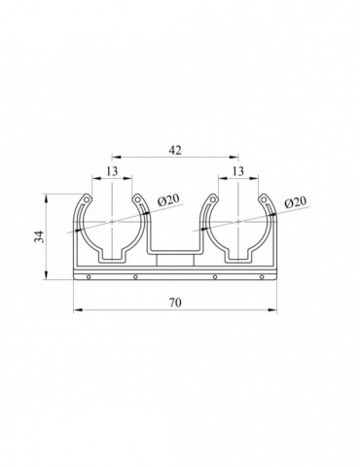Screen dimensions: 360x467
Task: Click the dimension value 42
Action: [x=175, y=150]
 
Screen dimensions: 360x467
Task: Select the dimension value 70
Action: [x=175, y=303]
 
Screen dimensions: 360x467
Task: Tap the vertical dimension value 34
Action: [x=39, y=236]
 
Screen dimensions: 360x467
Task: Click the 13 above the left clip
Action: [x=112, y=171]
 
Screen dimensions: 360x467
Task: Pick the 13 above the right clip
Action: [x=238, y=171]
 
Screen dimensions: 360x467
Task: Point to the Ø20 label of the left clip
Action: [x=168, y=201]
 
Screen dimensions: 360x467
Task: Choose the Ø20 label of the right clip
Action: [x=295, y=202]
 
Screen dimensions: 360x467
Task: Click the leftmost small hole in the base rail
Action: [x=89, y=276]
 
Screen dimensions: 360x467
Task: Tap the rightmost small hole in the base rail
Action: [x=262, y=276]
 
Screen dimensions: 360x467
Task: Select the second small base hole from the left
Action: [x=135, y=276]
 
